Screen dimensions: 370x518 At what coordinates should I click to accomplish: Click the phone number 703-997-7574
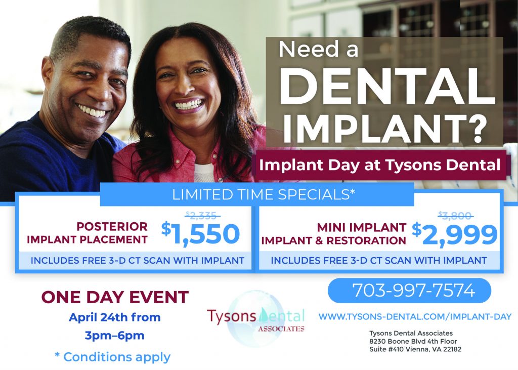coord(413,291)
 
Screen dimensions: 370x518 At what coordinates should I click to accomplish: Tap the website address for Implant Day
coord(415,316)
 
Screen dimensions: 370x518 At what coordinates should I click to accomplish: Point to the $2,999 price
coord(455,234)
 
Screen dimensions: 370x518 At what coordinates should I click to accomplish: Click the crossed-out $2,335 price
coord(202,215)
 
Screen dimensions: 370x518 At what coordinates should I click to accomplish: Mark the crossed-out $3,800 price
coord(455,215)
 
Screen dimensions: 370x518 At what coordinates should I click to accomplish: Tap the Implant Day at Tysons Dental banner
coord(380,165)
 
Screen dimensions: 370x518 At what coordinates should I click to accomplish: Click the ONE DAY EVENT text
coord(115,297)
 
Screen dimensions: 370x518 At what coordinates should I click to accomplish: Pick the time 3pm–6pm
coord(114,335)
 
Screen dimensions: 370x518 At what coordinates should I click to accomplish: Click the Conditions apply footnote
coord(112,357)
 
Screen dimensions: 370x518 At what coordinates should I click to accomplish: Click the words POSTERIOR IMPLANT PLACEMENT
coord(87,232)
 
